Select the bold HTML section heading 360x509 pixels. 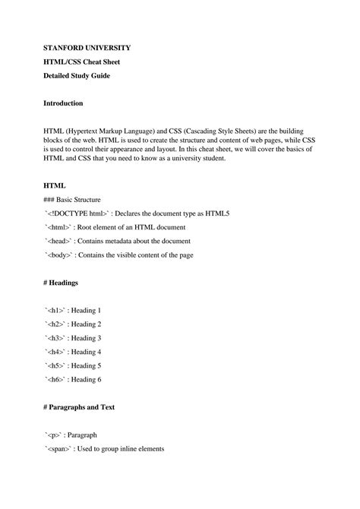pyautogui.click(x=55, y=185)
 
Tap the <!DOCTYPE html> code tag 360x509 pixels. pyautogui.click(x=78, y=213)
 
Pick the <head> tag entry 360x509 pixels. pyautogui.click(x=62, y=241)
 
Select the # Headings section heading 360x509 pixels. pyautogui.click(x=68, y=283)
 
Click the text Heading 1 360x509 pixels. pyautogui.click(x=86, y=311)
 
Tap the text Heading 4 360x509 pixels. pyautogui.click(x=86, y=352)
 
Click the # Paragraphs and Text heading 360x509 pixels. pyautogui.click(x=89, y=407)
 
